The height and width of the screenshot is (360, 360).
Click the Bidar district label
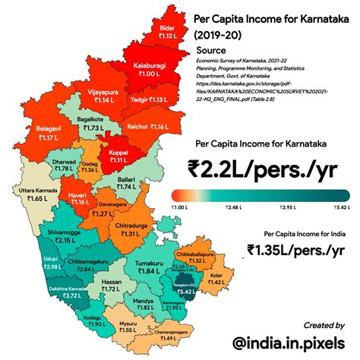167,30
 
